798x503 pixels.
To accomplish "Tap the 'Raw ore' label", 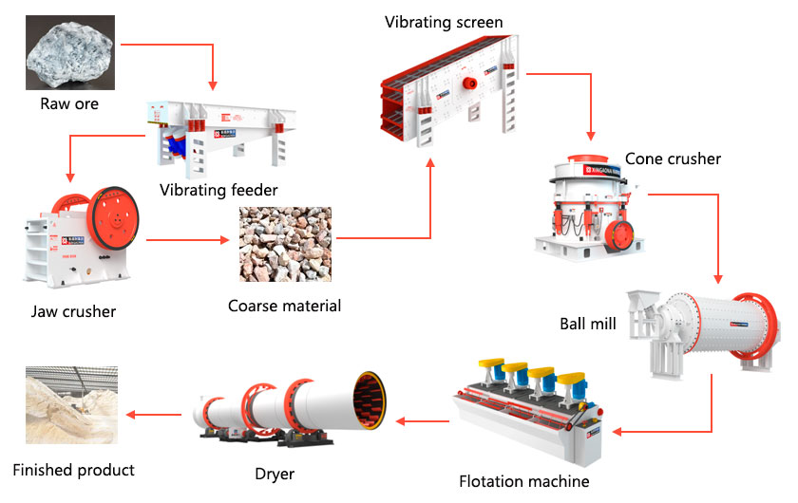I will click(69, 103).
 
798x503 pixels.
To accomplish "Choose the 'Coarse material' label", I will click(284, 306).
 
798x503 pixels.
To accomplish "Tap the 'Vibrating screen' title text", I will click(444, 22).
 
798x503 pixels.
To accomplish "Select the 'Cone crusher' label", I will click(673, 158).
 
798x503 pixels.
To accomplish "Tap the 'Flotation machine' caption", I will click(524, 481).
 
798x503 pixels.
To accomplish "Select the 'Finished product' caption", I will click(73, 470).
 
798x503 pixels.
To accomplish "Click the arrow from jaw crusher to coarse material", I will click(190, 242).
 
